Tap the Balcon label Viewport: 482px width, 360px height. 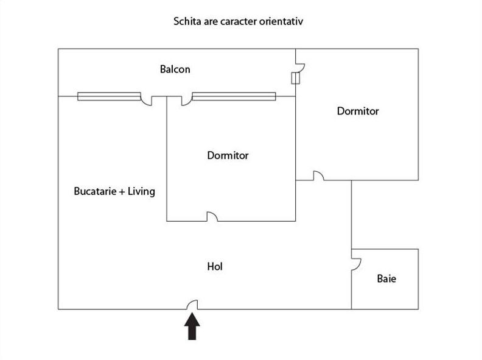coord(175,69)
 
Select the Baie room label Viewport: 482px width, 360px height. coord(386,279)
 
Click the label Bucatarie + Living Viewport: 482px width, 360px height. coord(114,191)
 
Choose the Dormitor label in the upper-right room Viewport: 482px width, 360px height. coord(358,111)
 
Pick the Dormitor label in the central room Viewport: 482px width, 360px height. coord(228,155)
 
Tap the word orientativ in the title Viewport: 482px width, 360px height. coord(282,21)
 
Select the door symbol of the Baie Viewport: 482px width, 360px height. coord(356,263)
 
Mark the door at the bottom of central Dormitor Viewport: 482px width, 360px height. coord(212,216)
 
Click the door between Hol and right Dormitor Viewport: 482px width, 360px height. coord(318,176)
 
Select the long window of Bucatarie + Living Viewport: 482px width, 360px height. coord(109,96)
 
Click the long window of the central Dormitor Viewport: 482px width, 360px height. coord(234,96)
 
